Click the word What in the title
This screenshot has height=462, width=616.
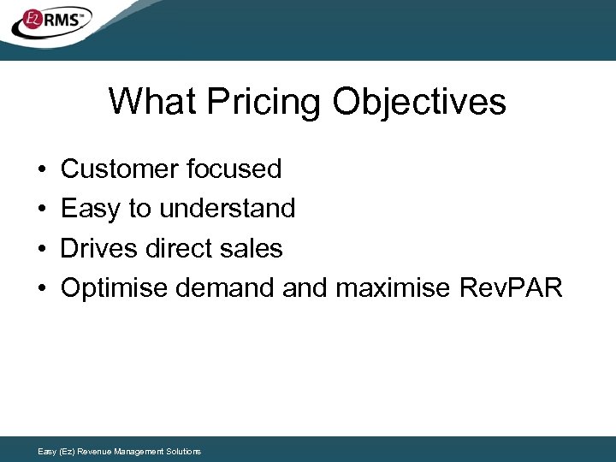[151, 102]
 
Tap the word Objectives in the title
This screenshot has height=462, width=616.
[419, 102]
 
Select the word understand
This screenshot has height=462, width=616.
[226, 209]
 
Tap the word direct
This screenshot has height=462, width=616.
[177, 249]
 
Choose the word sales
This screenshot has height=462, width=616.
[250, 249]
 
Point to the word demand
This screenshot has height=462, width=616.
[224, 288]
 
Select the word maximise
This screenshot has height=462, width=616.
[394, 288]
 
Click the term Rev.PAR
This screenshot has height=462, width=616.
[512, 288]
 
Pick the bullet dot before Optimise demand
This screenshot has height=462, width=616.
[42, 289]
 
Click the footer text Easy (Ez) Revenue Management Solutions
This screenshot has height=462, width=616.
[120, 451]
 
